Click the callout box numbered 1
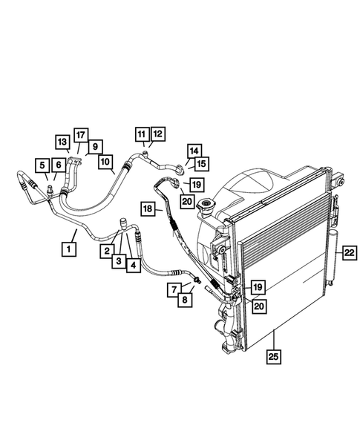tap(70, 248)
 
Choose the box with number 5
tap(42, 165)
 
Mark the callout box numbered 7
tap(172, 288)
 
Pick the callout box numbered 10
tap(105, 161)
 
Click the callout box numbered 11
tap(142, 134)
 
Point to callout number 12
tap(157, 134)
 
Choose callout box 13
tap(62, 141)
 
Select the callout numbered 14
tap(194, 150)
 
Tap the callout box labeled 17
tap(80, 134)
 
